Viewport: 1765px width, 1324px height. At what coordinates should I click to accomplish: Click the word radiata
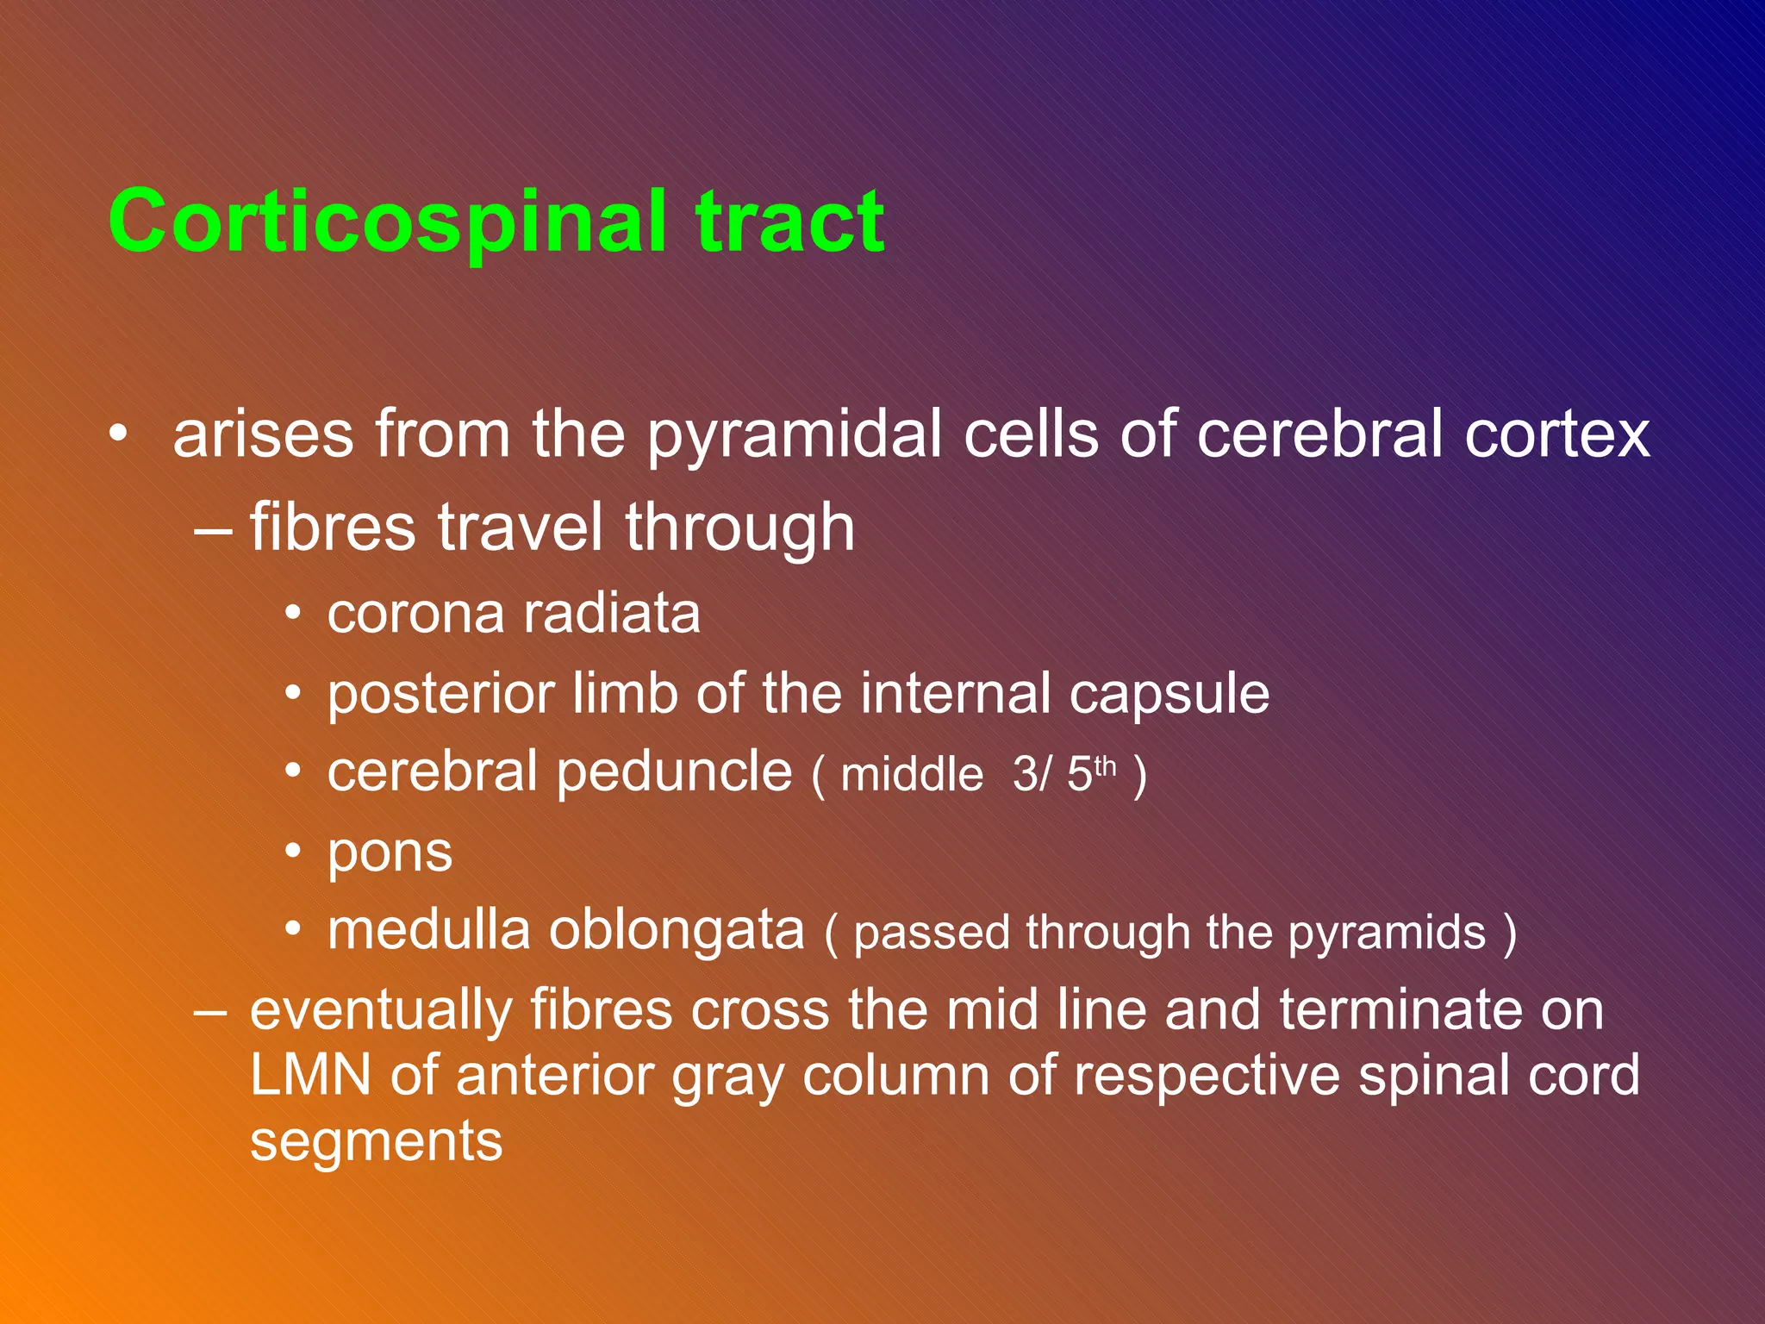(x=612, y=615)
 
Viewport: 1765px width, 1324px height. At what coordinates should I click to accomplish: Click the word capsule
(x=1169, y=695)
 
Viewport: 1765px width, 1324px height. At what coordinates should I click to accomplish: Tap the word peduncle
(x=674, y=772)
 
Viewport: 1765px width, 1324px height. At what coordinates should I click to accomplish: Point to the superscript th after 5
(x=1105, y=765)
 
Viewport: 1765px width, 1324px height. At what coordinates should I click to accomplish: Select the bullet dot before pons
(x=294, y=852)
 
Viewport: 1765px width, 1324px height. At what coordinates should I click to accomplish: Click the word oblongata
(x=677, y=932)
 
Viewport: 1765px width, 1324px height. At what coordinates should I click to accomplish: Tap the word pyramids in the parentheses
(x=1387, y=934)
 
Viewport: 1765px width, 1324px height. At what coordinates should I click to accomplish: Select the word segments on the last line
(x=376, y=1141)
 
